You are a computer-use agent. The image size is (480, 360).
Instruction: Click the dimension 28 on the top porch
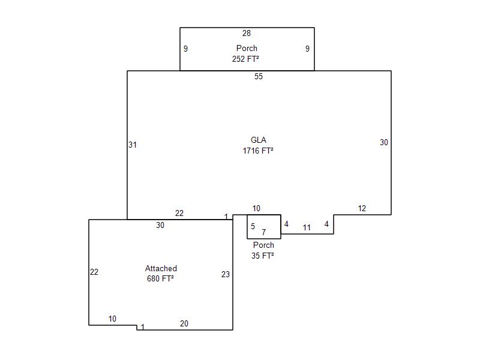click(247, 33)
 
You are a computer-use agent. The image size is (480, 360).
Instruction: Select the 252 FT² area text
click(245, 59)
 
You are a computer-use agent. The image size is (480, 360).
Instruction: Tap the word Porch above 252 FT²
click(247, 48)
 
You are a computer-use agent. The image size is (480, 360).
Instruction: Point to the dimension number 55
click(259, 76)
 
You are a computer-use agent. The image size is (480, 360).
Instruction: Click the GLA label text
click(259, 140)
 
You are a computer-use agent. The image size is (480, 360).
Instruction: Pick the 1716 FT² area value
click(258, 151)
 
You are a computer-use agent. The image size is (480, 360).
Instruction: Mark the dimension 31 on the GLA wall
click(133, 145)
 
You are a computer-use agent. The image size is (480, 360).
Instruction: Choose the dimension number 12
click(362, 208)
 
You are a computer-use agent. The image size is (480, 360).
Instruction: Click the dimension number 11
click(307, 227)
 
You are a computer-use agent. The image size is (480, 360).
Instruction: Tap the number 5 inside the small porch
click(253, 226)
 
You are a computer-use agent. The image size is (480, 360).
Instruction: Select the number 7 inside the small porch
click(263, 232)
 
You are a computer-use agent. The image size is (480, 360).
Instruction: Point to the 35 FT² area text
click(263, 256)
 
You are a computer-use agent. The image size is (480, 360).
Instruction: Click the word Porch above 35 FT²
click(263, 245)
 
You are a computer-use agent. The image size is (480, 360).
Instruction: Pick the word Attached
click(161, 268)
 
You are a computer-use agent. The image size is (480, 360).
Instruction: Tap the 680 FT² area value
click(160, 278)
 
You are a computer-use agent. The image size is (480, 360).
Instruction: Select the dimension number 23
click(226, 274)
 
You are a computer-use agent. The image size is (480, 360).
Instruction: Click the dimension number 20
click(184, 323)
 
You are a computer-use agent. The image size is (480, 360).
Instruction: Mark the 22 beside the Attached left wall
click(94, 272)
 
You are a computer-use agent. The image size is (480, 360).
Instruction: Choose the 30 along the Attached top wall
click(160, 225)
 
